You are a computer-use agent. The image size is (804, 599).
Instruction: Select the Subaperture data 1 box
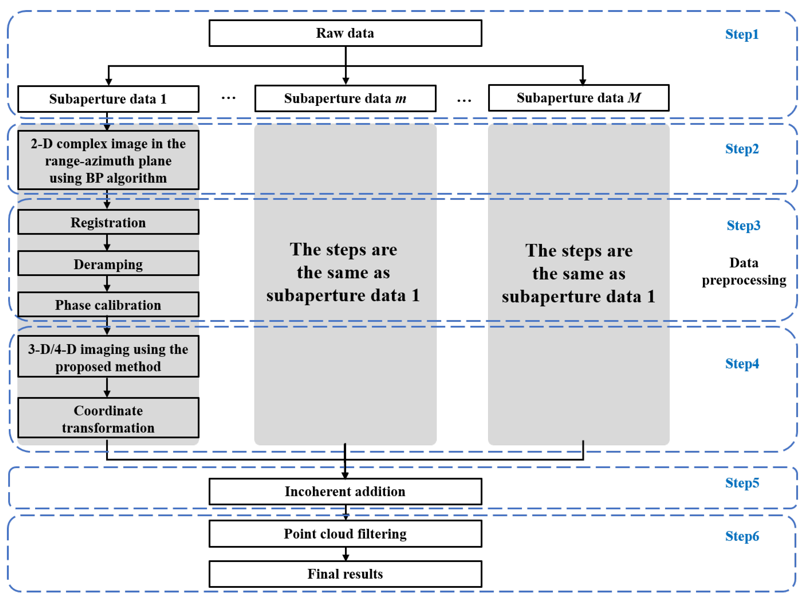coord(108,99)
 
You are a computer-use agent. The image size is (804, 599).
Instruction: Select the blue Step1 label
coord(742,34)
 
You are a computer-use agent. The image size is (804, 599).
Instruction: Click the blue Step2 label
coord(742,149)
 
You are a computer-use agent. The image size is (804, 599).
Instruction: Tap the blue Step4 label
coord(742,363)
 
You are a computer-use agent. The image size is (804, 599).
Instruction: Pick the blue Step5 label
coord(742,483)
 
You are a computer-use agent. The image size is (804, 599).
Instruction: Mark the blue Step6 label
coord(742,536)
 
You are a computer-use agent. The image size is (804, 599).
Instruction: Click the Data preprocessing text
coord(743,271)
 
